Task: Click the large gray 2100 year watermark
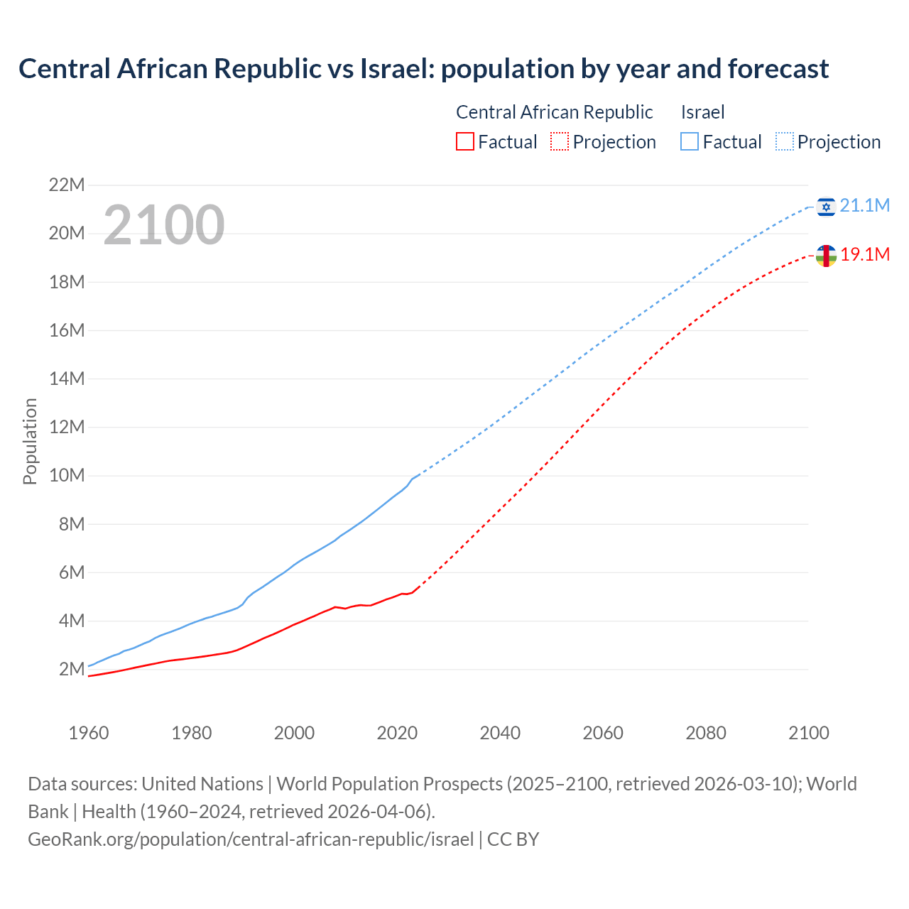164,225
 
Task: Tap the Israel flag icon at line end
826,207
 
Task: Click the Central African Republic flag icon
826,256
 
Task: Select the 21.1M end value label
864,206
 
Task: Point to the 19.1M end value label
865,255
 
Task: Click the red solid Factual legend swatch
464,142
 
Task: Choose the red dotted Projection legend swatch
560,142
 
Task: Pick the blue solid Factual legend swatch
689,142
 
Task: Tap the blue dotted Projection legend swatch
785,142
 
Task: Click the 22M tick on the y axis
67,185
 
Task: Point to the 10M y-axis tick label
67,476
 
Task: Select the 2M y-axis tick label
72,669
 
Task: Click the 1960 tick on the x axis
89,733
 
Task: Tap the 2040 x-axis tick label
500,733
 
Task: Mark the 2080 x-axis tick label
706,733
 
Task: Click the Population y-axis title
30,441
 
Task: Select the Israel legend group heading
702,112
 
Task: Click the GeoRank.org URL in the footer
251,839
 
